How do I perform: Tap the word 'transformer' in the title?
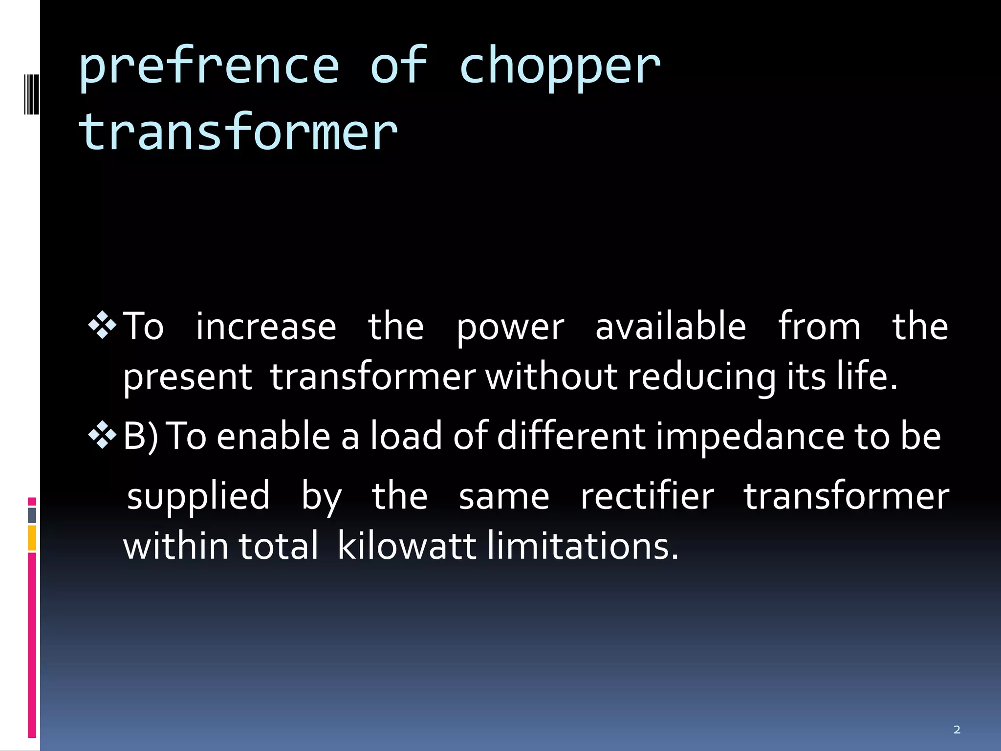(x=238, y=132)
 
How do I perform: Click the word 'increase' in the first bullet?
(x=266, y=327)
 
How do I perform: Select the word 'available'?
(x=671, y=327)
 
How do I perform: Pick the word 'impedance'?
(x=750, y=437)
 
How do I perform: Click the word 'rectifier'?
(x=647, y=496)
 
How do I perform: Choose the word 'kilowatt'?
(x=407, y=546)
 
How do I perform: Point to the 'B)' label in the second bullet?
(x=141, y=437)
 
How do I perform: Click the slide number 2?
(x=957, y=730)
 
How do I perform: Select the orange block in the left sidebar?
(x=32, y=538)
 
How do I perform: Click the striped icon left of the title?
(x=31, y=94)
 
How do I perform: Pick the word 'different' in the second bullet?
(x=571, y=436)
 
